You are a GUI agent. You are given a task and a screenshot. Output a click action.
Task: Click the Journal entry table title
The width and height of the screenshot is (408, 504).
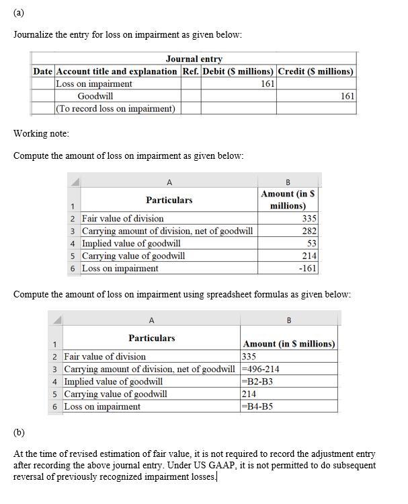click(194, 59)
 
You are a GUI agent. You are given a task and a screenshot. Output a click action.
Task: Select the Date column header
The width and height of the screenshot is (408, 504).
click(44, 71)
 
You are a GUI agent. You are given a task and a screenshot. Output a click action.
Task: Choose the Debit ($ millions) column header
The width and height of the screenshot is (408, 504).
click(238, 71)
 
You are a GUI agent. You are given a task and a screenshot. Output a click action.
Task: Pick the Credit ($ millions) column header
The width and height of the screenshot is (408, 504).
click(316, 71)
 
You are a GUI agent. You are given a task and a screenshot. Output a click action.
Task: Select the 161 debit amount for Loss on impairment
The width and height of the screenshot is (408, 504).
click(268, 84)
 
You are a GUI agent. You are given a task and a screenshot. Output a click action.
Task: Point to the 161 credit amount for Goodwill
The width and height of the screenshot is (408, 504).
click(348, 96)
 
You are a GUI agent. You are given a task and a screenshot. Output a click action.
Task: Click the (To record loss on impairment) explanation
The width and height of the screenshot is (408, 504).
click(116, 108)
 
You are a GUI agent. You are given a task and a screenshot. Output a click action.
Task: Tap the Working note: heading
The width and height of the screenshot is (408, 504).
click(41, 133)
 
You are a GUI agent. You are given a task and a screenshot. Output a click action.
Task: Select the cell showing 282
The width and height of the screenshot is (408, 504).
click(309, 231)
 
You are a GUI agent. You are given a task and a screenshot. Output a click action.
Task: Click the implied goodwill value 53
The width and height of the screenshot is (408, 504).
click(312, 243)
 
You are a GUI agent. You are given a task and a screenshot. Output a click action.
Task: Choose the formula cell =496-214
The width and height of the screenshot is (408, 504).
click(260, 369)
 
